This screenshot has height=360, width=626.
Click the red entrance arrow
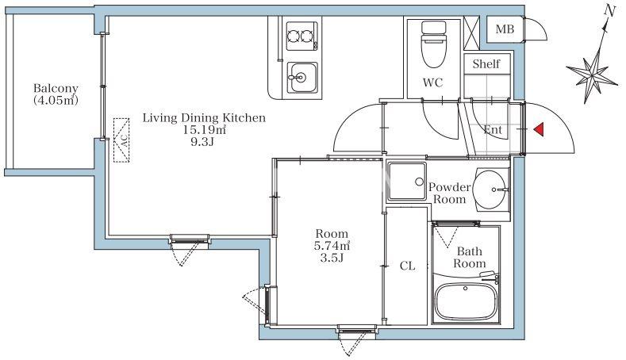539,129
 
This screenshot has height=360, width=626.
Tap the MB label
505,29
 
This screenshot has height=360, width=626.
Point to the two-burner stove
302,36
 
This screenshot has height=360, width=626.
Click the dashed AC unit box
121,140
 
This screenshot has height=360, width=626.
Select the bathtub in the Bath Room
466,301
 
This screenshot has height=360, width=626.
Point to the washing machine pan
407,182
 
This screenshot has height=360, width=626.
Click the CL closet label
407,266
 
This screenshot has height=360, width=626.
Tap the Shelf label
486,63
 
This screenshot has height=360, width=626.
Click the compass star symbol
593,75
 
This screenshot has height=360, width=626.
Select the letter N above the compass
609,11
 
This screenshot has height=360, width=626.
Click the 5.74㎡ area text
332,246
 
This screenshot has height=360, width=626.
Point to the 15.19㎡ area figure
205,130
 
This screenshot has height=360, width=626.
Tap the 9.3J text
202,142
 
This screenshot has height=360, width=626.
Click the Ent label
493,129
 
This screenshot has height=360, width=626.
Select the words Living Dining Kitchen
204,117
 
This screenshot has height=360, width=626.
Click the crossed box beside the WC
471,33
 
